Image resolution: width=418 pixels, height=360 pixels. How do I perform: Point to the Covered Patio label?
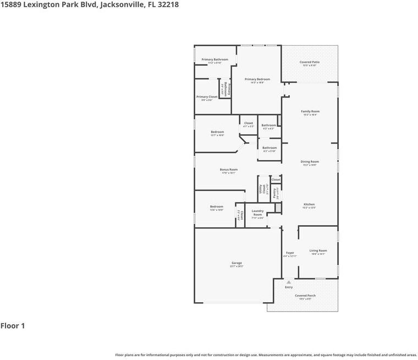click(310, 62)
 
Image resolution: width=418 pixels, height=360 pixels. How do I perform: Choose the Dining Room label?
click(310, 162)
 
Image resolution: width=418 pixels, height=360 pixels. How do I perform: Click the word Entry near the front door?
click(289, 287)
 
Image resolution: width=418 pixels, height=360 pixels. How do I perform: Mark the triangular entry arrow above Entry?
click(289, 282)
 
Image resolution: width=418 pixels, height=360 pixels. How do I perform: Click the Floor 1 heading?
click(13, 326)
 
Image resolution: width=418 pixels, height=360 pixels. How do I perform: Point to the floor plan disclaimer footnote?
click(266, 355)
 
